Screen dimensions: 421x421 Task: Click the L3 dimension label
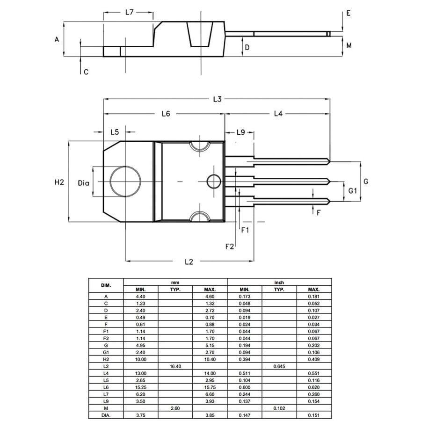coord(217,99)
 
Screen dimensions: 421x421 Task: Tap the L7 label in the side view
coord(130,12)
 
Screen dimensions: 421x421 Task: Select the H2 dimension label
coord(58,182)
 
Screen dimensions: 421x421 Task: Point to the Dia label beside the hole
coord(83,182)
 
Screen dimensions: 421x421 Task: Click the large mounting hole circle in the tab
coord(125,181)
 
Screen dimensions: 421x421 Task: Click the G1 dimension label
coord(353,191)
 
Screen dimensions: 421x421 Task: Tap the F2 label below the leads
coord(229,247)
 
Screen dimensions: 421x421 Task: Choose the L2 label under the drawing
coord(189,262)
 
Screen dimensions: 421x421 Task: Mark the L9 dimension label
coord(240,132)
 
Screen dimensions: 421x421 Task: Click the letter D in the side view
coord(247,47)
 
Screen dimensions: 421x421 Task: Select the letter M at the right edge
coord(348,45)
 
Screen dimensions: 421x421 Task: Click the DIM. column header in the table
coord(106,285)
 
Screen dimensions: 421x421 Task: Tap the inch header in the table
coord(279,283)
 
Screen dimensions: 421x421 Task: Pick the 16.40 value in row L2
coord(175,366)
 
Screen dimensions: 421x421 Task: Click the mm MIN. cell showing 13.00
coord(141,373)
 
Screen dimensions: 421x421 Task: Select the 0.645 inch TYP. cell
coord(279,366)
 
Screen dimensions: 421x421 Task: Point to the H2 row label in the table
coord(106,359)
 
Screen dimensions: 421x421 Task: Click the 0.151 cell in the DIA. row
coord(314,415)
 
